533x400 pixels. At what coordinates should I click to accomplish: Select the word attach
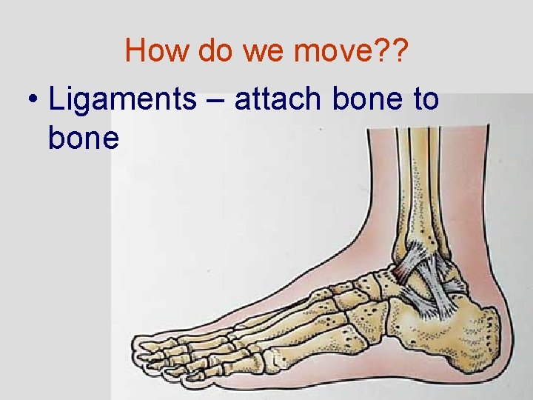point(278,99)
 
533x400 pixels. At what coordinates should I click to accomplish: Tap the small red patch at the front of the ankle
point(398,276)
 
